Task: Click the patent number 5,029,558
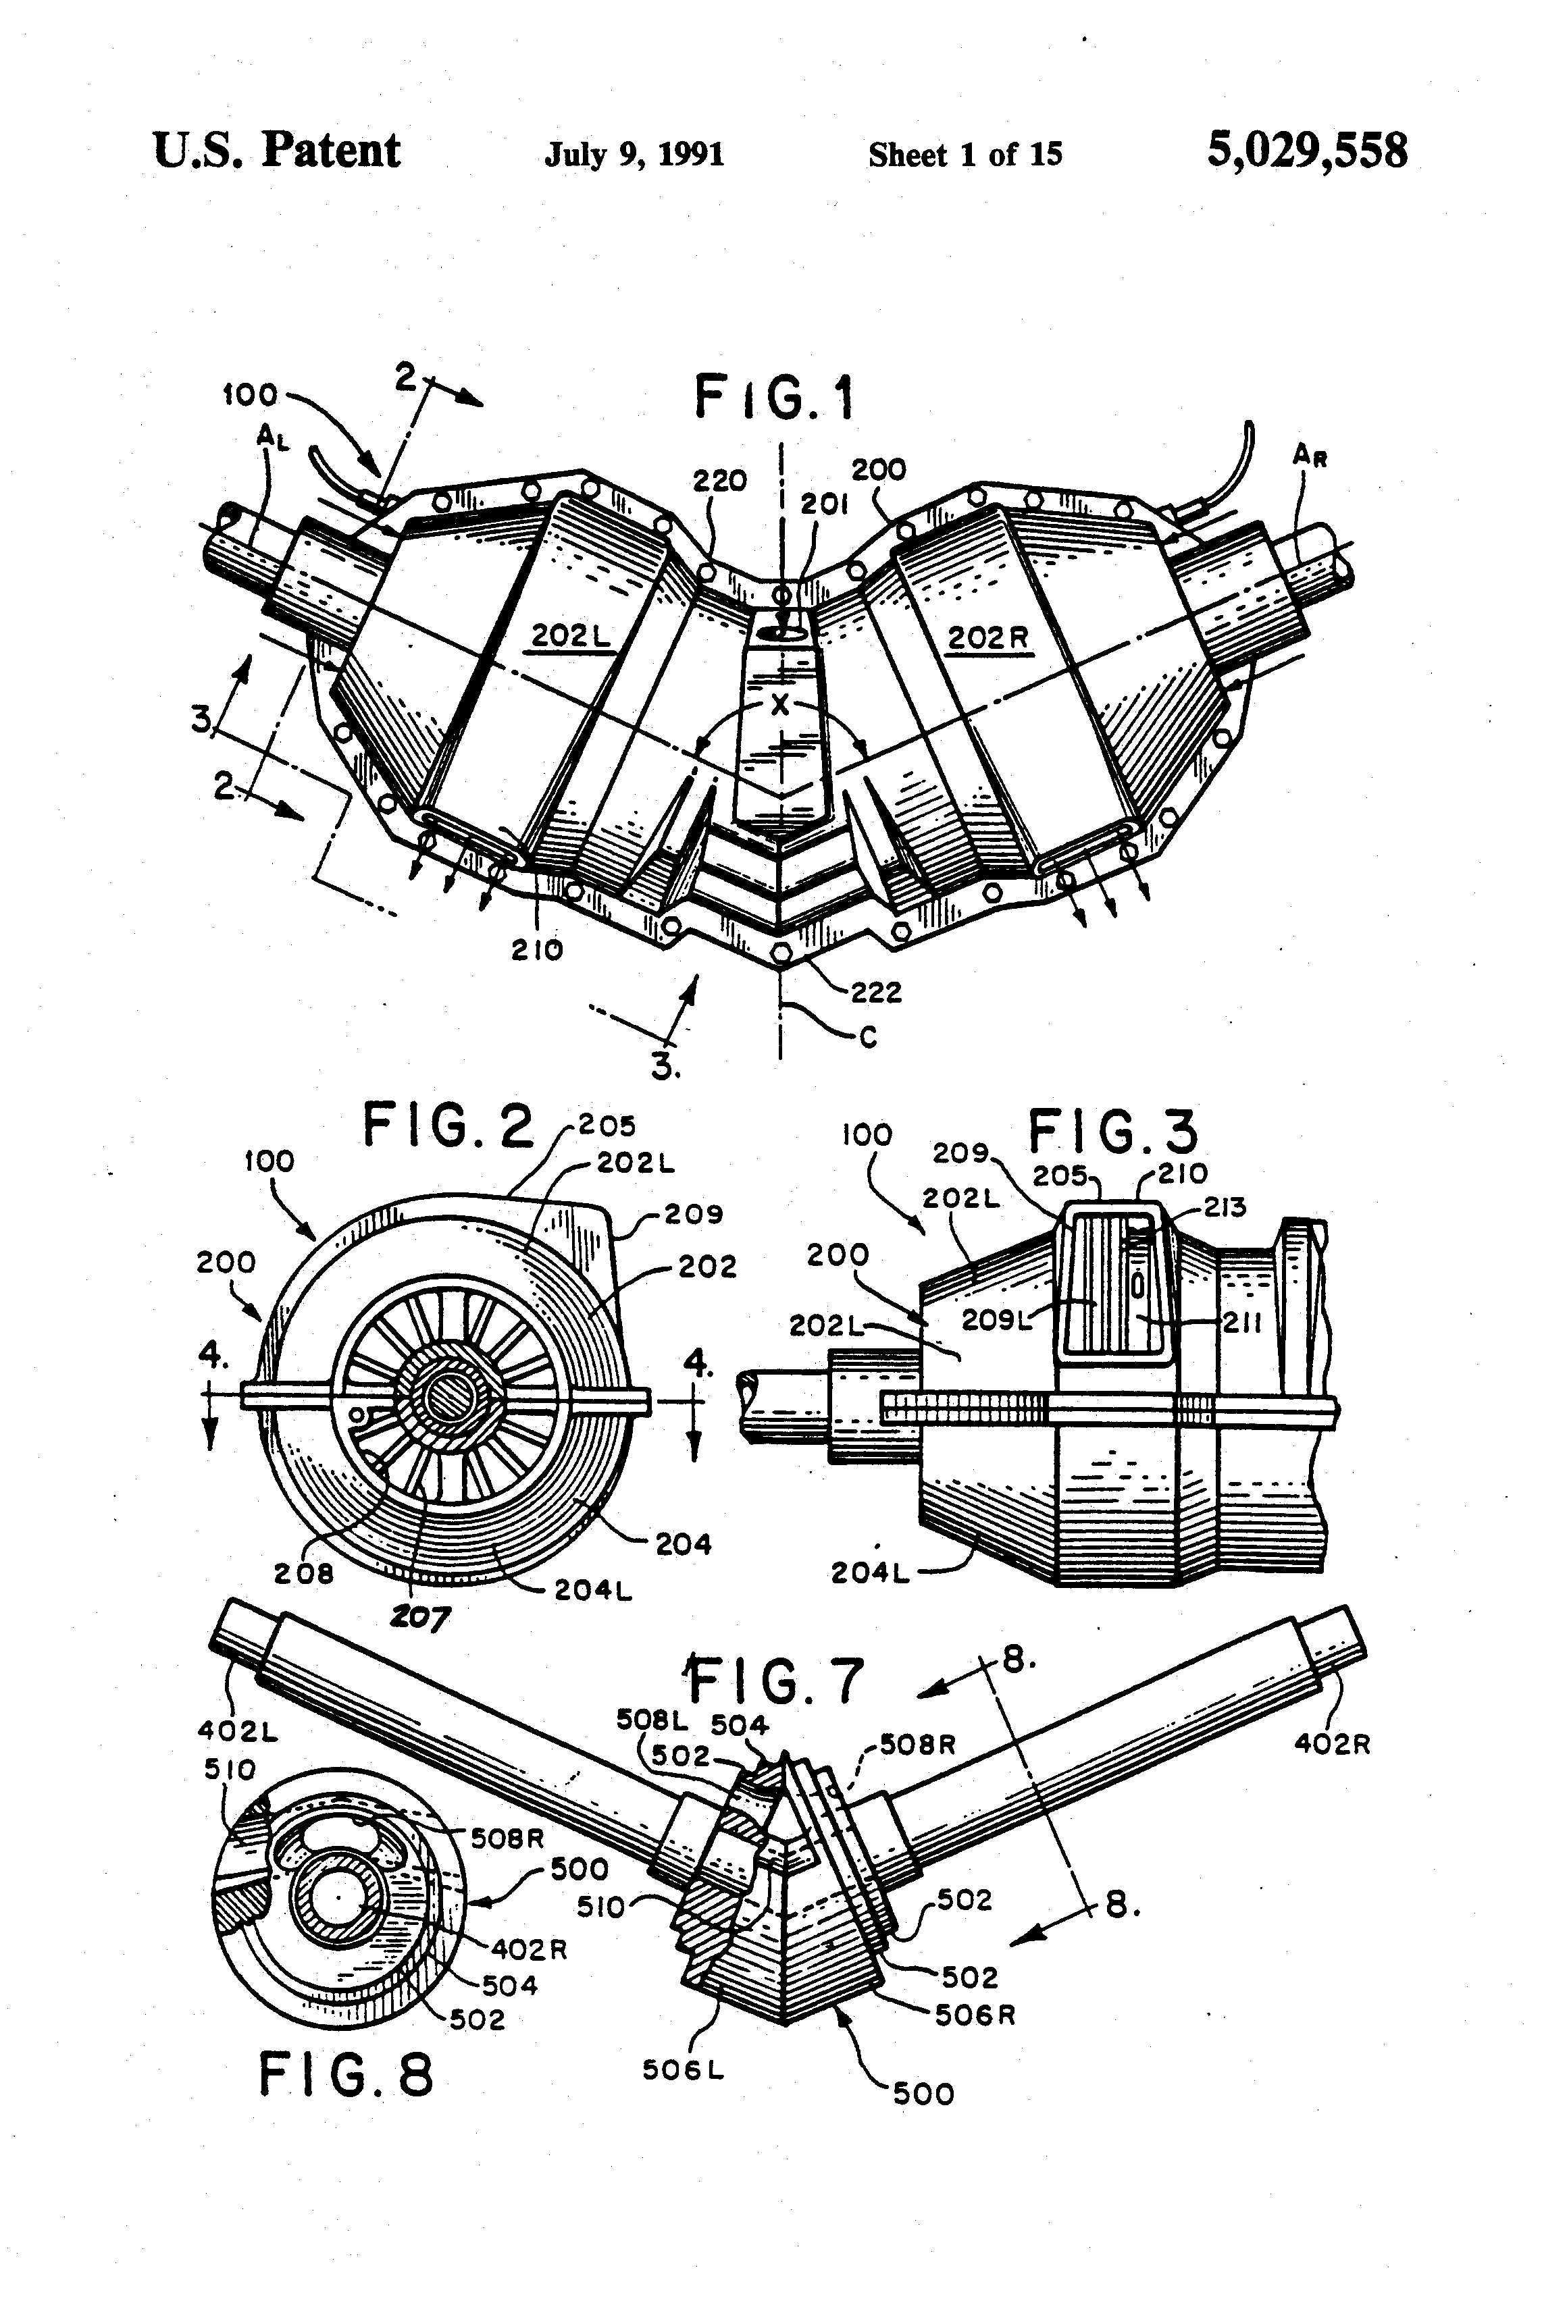[x=1306, y=151]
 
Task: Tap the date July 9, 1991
[x=634, y=155]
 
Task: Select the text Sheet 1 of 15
[x=964, y=155]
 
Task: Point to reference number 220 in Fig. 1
[x=719, y=481]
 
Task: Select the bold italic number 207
[x=418, y=1618]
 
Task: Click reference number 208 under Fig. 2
[x=303, y=1573]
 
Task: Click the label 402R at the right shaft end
[x=1331, y=1743]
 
